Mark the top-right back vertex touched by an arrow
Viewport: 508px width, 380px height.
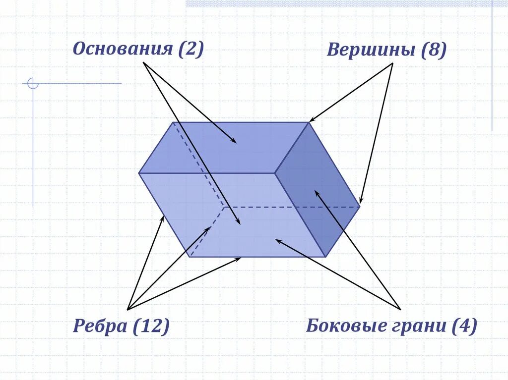309,122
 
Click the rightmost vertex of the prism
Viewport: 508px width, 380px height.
360,207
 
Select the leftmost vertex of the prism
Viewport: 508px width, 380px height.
139,173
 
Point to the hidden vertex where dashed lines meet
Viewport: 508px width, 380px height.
223,207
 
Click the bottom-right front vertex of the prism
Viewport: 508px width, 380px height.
325,257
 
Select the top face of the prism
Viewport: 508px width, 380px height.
223,148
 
